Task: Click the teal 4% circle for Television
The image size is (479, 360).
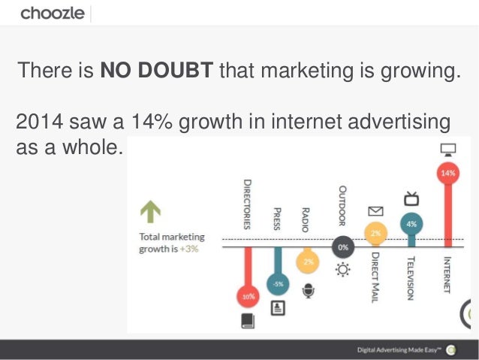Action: (411, 223)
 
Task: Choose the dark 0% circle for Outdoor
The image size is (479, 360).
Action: (342, 247)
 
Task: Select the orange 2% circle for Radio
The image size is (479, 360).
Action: (307, 262)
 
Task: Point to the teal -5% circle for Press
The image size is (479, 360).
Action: (277, 284)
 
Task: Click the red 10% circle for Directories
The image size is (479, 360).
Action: (247, 296)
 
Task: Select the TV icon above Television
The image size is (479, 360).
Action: (411, 199)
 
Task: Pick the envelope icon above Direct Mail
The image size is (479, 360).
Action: (375, 212)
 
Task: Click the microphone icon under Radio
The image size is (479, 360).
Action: (307, 289)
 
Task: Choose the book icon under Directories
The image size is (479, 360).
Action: (247, 322)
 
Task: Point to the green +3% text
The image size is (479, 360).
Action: (191, 250)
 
